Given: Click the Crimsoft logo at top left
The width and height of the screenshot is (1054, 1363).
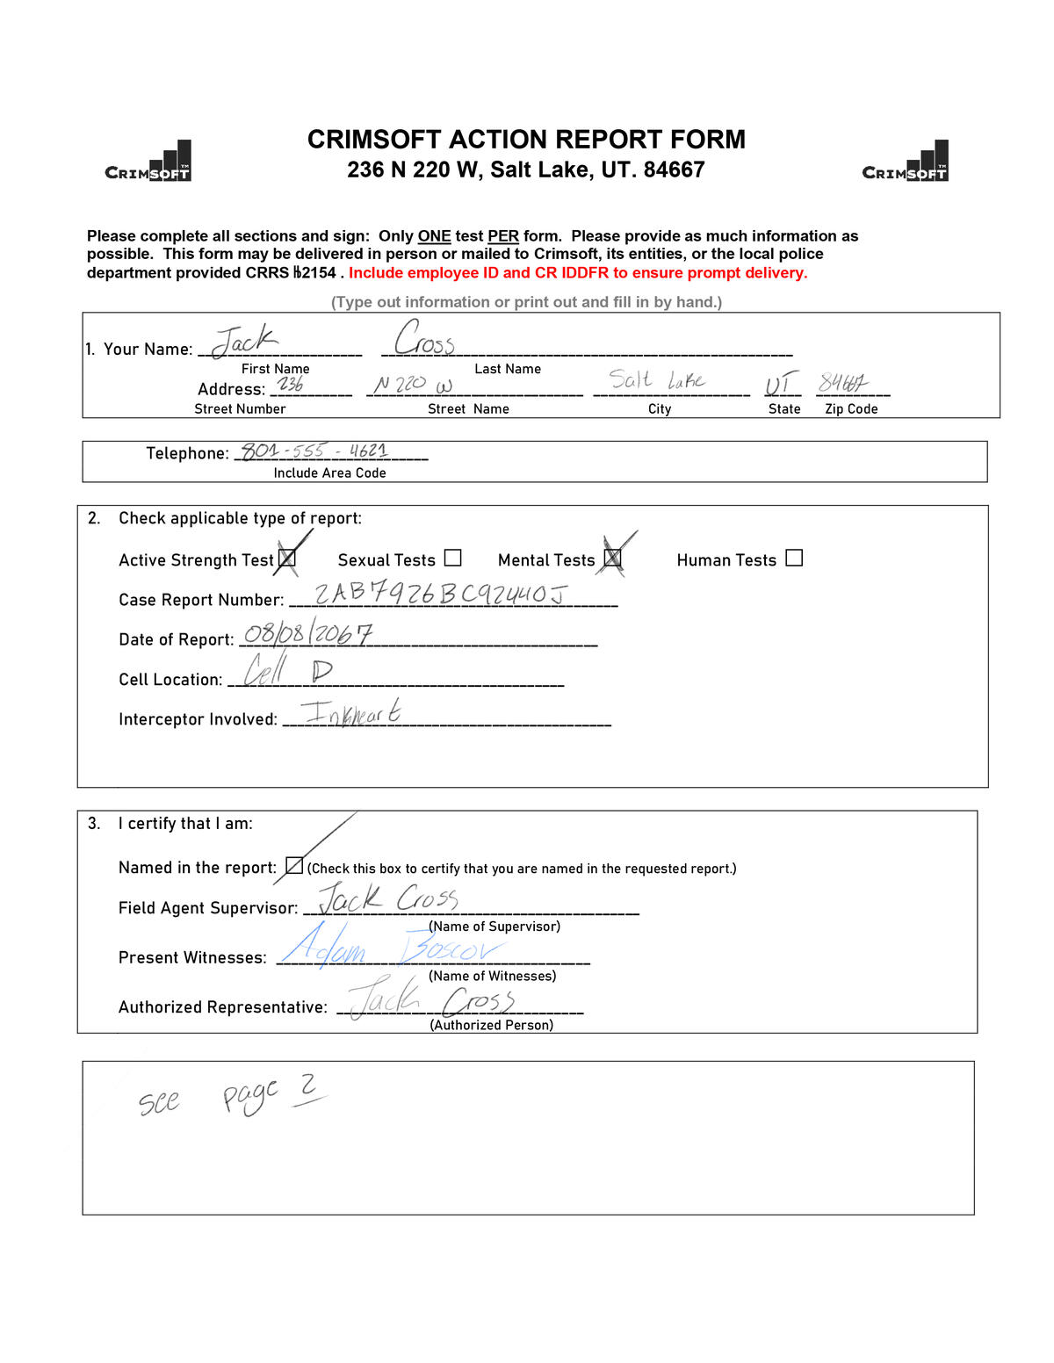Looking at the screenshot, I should [148, 162].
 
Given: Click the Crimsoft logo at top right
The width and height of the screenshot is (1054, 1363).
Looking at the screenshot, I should [906, 162].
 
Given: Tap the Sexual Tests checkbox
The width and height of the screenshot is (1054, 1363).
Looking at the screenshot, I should [452, 558].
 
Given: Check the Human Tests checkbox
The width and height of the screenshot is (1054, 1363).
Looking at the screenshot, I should [794, 558].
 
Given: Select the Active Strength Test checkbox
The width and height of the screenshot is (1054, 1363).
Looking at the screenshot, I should [287, 559].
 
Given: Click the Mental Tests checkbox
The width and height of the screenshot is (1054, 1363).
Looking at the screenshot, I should [612, 558].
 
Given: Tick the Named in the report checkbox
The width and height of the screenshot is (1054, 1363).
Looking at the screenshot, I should [294, 866].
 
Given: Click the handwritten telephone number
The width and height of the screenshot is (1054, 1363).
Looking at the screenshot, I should [314, 451].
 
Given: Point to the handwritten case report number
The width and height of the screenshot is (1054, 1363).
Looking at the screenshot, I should [441, 595].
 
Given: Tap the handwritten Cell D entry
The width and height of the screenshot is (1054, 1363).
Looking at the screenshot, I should [288, 672].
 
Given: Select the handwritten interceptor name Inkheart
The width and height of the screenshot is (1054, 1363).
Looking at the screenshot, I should [350, 712].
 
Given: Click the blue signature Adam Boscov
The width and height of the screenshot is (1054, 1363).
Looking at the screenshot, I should [391, 947].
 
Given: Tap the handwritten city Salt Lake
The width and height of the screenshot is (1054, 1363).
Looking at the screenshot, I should [657, 380].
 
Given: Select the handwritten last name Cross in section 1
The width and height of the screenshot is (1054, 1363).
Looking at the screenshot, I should [425, 339].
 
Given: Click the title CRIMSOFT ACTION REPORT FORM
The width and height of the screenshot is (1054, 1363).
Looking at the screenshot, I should [526, 140].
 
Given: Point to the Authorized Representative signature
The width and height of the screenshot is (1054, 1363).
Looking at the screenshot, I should [432, 999].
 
